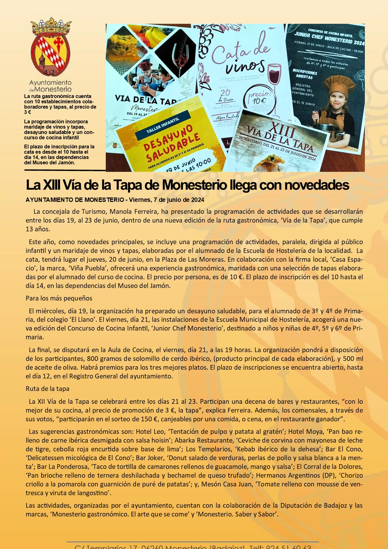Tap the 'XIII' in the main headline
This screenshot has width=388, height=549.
(x=51, y=185)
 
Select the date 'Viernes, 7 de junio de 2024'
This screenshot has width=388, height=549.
(x=166, y=200)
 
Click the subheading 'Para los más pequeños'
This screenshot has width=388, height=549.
(x=59, y=298)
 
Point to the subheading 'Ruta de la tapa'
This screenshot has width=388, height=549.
(x=48, y=389)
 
